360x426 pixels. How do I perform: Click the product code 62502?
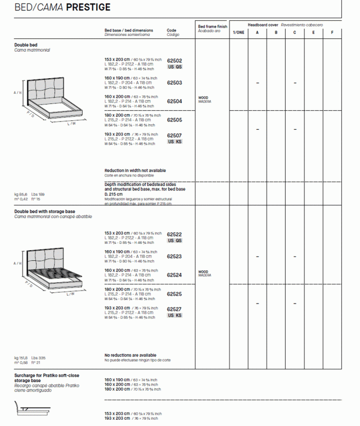174,61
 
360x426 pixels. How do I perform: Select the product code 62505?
174,120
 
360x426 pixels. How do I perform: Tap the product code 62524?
174,275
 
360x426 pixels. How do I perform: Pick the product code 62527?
174,310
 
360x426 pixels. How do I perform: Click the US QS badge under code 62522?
175,241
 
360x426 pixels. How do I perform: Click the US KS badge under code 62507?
175,142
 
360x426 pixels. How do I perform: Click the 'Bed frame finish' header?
213,26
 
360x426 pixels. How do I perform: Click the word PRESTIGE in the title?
88,7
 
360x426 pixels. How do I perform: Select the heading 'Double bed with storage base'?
44,211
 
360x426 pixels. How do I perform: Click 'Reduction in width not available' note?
135,170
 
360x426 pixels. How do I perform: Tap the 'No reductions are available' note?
130,355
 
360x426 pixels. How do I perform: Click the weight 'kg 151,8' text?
21,357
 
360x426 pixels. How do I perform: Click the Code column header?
172,30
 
